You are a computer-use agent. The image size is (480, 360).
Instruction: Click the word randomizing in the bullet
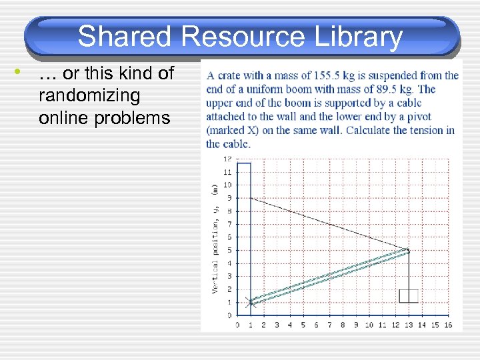pyautogui.click(x=89, y=95)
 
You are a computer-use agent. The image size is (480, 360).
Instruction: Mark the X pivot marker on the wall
pyautogui.click(x=251, y=302)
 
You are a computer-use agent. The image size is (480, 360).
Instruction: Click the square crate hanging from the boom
pyautogui.click(x=408, y=296)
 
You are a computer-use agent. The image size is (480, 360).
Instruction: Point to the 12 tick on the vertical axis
pyautogui.click(x=227, y=159)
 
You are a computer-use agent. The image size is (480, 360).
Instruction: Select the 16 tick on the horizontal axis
pyautogui.click(x=447, y=325)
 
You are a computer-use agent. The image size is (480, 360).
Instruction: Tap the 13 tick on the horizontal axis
pyautogui.click(x=408, y=325)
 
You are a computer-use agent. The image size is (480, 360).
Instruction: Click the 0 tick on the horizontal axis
pyautogui.click(x=238, y=325)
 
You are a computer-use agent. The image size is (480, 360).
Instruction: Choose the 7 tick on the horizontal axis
pyautogui.click(x=329, y=325)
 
